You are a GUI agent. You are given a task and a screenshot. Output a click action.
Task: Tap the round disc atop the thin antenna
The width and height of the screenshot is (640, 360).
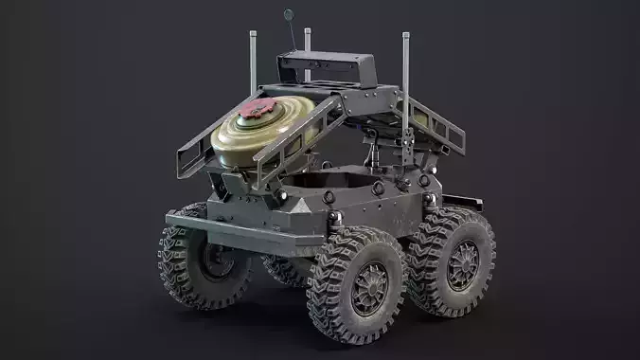(x=289, y=15)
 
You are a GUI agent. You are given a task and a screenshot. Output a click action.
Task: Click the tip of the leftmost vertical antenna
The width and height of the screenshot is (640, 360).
(x=253, y=34)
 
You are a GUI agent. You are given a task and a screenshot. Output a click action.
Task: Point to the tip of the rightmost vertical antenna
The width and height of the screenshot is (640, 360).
(x=406, y=35)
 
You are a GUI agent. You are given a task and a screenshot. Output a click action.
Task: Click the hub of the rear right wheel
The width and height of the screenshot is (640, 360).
(x=462, y=265)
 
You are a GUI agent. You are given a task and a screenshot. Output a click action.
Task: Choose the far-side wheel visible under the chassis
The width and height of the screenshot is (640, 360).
(x=285, y=270)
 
